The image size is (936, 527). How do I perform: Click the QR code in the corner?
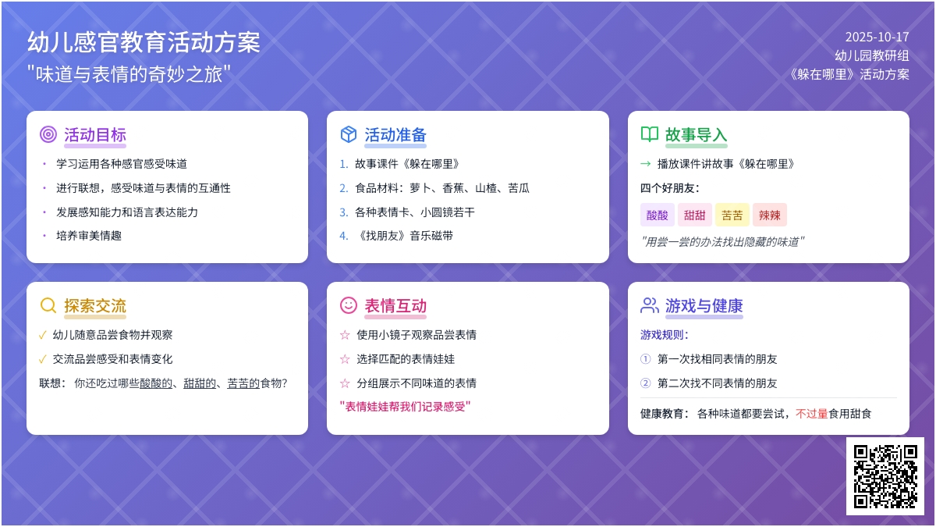pyautogui.click(x=885, y=476)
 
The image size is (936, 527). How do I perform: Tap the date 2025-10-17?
pyautogui.click(x=877, y=37)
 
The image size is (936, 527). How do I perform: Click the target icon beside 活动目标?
pyautogui.click(x=48, y=134)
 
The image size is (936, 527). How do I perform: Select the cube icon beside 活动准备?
pyautogui.click(x=349, y=134)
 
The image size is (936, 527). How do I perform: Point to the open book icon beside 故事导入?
pyautogui.click(x=650, y=134)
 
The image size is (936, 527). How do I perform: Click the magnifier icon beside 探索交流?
pyautogui.click(x=48, y=305)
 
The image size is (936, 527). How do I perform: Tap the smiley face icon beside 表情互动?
pyautogui.click(x=349, y=305)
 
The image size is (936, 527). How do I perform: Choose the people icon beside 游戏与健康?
pyautogui.click(x=650, y=305)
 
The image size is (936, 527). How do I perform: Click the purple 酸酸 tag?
pyautogui.click(x=658, y=215)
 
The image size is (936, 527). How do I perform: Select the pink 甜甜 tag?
pyautogui.click(x=695, y=215)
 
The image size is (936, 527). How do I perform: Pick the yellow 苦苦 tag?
pyautogui.click(x=732, y=215)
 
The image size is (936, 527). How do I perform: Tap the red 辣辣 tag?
pyautogui.click(x=770, y=215)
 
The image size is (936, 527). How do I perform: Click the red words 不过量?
pyautogui.click(x=812, y=414)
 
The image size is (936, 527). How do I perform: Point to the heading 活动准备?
pyautogui.click(x=395, y=134)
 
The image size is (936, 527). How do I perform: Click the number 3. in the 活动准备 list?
pyautogui.click(x=344, y=212)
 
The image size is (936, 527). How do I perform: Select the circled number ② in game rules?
pyautogui.click(x=645, y=383)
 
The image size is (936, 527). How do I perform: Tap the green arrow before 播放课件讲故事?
pyautogui.click(x=645, y=164)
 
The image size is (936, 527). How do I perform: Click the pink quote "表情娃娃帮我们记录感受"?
pyautogui.click(x=406, y=407)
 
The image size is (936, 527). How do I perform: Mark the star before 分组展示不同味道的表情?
pyautogui.click(x=345, y=383)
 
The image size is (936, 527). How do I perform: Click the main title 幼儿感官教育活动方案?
pyautogui.click(x=144, y=42)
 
